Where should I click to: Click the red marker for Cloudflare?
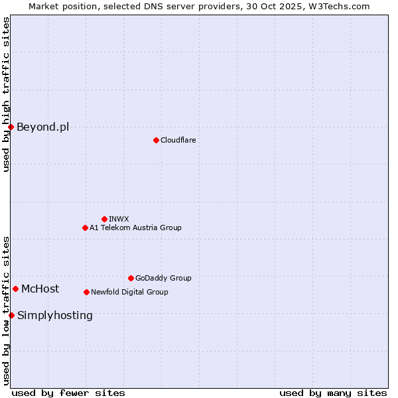point(156,140)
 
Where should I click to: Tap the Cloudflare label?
point(178,140)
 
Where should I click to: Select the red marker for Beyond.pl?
point(11,127)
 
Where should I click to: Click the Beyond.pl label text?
point(42,127)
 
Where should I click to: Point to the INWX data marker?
point(104,219)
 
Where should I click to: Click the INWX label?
point(119,219)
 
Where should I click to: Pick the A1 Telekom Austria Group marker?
point(85,228)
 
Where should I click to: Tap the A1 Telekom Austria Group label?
point(135,228)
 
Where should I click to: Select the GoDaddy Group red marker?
point(131,278)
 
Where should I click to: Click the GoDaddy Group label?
point(163,278)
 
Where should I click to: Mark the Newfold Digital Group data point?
point(86,292)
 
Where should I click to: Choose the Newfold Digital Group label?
point(129,292)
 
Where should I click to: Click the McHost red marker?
point(15,289)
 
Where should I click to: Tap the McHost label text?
point(40,289)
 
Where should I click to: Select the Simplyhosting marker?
point(11,315)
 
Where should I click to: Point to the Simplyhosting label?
point(55,315)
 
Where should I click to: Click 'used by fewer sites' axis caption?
point(68,393)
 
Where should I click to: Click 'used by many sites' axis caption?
point(333,393)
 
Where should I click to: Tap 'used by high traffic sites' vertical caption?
point(6,94)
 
